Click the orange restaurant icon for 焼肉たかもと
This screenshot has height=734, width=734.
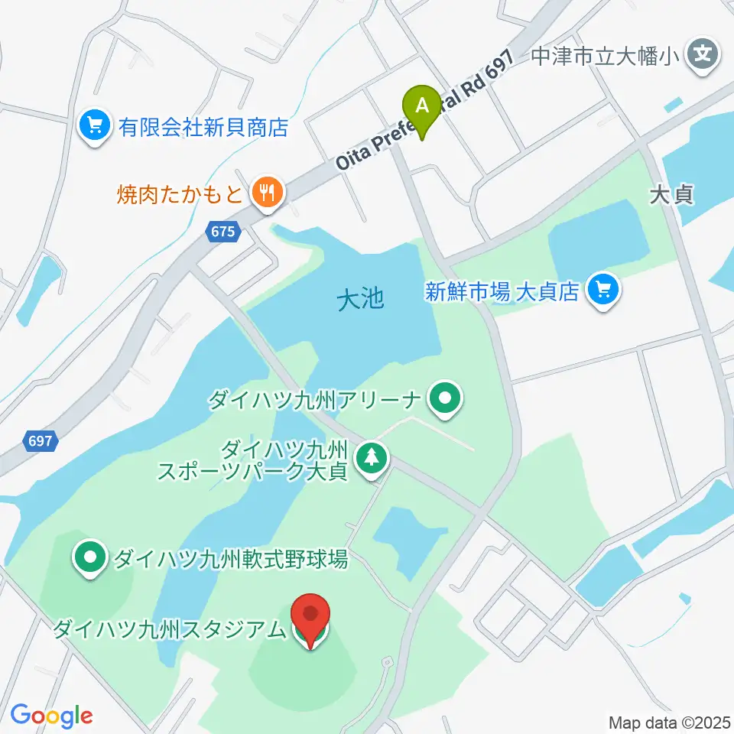click(x=267, y=193)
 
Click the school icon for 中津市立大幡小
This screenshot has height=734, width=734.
click(x=702, y=55)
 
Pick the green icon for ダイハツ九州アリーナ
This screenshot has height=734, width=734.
click(x=443, y=399)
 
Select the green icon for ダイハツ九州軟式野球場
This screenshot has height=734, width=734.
click(x=91, y=559)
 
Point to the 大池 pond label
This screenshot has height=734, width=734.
click(x=360, y=299)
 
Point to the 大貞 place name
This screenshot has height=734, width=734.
click(x=671, y=195)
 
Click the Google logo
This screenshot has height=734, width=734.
click(x=52, y=716)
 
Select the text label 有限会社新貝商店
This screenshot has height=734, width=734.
click(x=203, y=126)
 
